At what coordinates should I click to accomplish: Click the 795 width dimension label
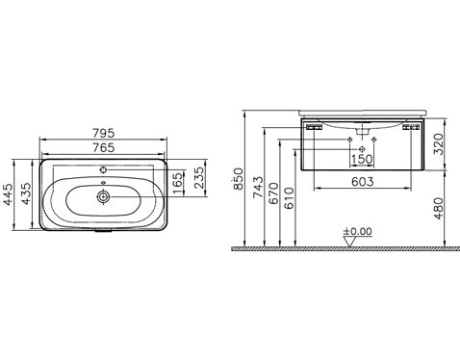point(103,133)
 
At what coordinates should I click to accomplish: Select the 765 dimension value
point(103,147)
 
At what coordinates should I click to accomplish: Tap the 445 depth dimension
point(8,193)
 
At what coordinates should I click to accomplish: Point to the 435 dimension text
point(26,193)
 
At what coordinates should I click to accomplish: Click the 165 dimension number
point(177,184)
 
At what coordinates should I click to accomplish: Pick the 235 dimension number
point(198,177)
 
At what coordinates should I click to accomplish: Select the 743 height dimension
point(258,187)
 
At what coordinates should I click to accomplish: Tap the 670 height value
point(274,193)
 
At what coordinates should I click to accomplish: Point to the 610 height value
point(289,198)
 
